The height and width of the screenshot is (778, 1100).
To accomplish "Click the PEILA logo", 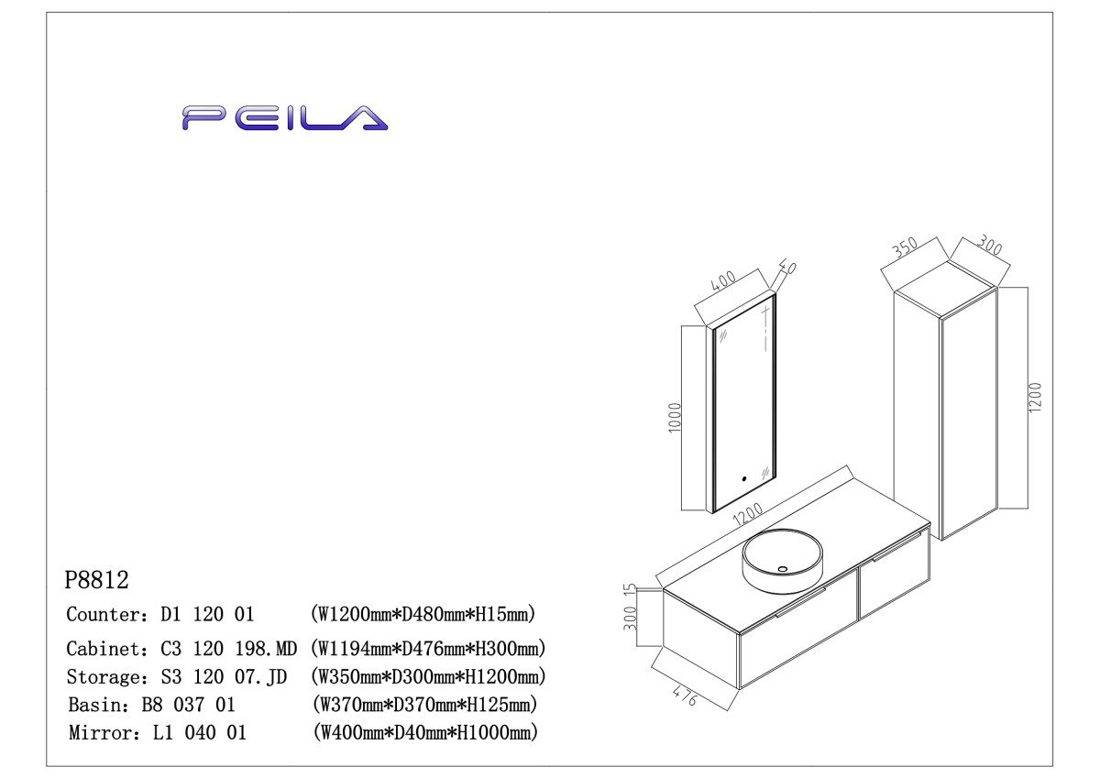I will (284, 117).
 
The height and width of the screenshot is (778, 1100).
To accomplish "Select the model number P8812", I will (97, 580).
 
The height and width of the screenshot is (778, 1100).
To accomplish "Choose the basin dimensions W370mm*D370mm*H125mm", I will (423, 706).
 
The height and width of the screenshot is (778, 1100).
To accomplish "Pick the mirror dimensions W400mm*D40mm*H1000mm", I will (424, 733).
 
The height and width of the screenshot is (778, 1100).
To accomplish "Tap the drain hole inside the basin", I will (782, 570).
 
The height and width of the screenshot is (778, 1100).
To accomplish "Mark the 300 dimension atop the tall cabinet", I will (990, 248).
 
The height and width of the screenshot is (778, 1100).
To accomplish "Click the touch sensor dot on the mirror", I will (744, 477).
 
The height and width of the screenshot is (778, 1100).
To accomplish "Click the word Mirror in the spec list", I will (95, 733).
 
